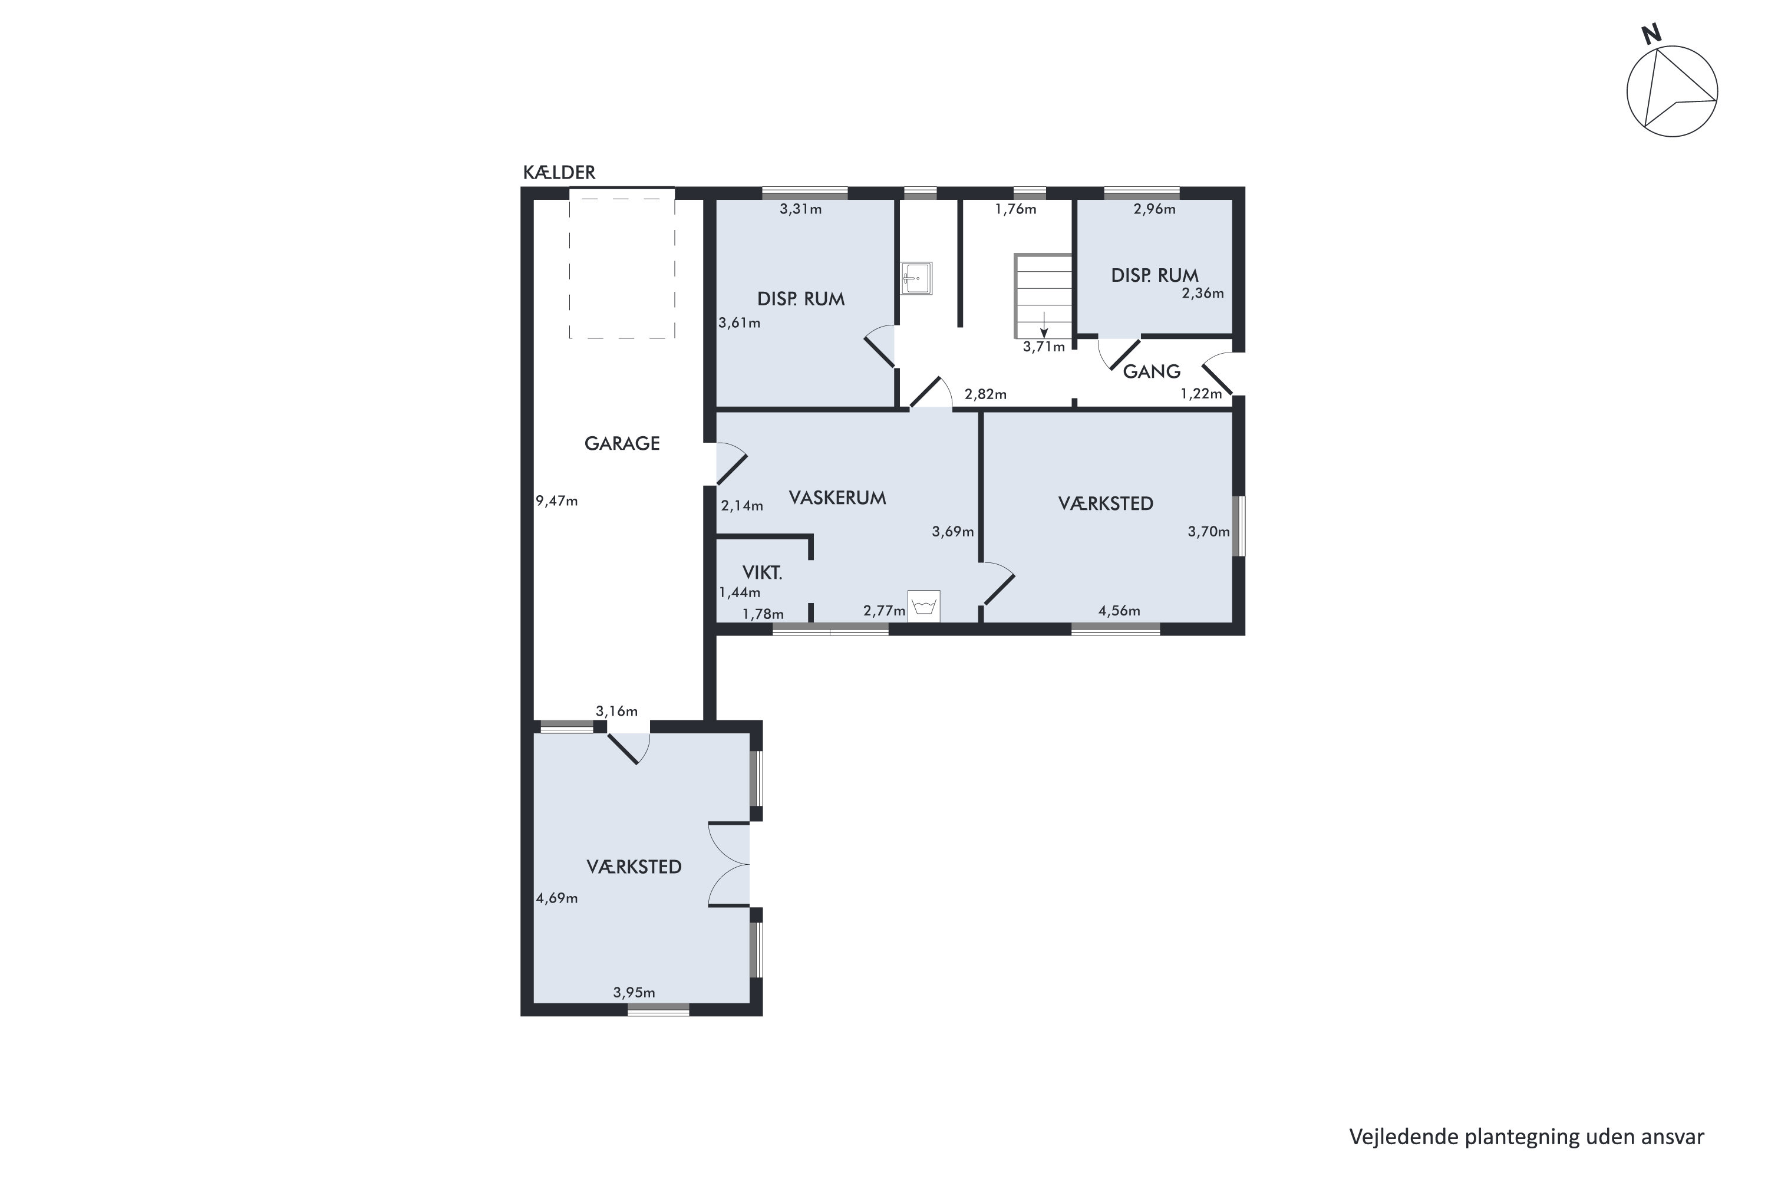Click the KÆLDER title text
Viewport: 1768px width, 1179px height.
coord(559,173)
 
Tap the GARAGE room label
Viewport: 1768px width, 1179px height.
coord(622,444)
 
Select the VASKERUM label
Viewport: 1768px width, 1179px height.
coord(837,498)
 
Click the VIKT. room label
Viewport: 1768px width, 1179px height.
coord(762,573)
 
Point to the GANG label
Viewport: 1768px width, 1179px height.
coord(1151,371)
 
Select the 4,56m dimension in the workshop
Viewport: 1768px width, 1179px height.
coord(1119,611)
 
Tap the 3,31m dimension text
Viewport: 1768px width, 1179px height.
coord(800,210)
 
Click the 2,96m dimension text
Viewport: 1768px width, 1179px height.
coord(1154,210)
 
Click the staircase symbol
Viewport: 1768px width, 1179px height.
coord(1043,297)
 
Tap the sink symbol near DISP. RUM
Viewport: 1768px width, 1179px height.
coord(916,278)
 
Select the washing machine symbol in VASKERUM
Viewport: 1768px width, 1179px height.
coord(924,606)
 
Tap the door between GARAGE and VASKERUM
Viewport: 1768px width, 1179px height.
coord(729,465)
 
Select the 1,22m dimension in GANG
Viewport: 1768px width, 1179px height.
coord(1200,394)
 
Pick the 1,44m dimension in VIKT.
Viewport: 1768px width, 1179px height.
coord(740,592)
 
